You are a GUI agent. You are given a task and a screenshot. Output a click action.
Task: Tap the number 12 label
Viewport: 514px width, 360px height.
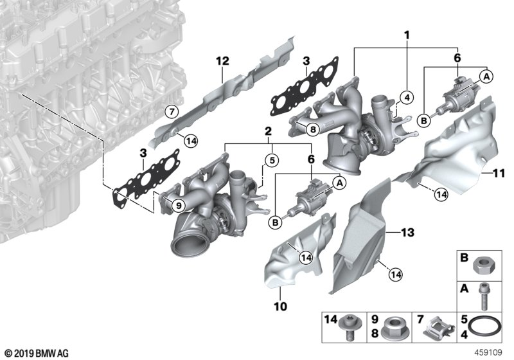(222, 61)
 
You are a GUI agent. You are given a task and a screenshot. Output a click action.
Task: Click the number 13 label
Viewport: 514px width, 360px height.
(409, 230)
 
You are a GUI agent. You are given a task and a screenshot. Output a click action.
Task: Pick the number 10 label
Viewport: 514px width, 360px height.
(281, 306)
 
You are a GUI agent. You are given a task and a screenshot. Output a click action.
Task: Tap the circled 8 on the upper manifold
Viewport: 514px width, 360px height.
(312, 129)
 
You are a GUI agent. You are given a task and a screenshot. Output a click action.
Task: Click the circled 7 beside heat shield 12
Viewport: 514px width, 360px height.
(171, 111)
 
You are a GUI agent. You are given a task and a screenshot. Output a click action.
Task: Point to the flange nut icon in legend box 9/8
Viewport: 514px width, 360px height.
(391, 328)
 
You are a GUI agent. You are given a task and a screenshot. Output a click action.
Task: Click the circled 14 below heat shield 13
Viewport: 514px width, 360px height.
(394, 275)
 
